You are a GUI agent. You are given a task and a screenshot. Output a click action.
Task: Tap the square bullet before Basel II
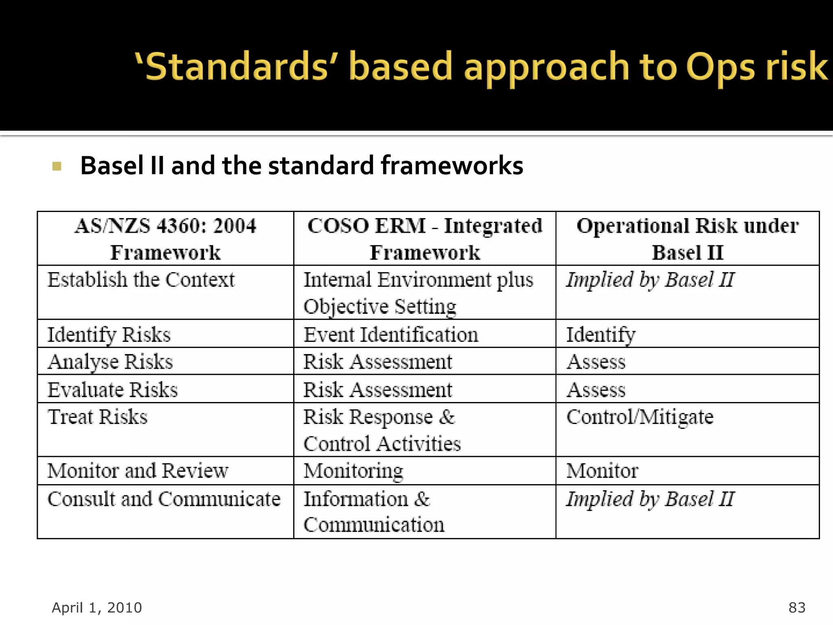pos(57,166)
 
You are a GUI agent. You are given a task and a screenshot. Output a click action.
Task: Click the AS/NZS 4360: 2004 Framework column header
pos(166,239)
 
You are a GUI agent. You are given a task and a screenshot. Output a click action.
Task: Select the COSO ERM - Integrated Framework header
pos(425,239)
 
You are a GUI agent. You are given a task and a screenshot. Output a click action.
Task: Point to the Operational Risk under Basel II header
pos(687,239)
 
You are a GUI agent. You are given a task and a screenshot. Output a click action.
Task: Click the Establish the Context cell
pos(141,280)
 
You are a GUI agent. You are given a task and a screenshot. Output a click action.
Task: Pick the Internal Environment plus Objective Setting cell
pos(418,293)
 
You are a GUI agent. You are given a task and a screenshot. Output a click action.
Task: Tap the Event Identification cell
pos(391,334)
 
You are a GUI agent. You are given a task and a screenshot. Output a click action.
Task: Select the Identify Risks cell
pos(109,334)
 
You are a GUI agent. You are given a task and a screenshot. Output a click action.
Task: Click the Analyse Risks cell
pos(110,362)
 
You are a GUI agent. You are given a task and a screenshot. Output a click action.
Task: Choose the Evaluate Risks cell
pos(113,389)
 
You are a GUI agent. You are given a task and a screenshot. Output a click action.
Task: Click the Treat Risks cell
pos(98,417)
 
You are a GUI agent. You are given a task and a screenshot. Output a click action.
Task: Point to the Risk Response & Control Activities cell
pos(382,430)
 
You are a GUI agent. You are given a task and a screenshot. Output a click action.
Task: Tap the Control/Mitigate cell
pos(640,417)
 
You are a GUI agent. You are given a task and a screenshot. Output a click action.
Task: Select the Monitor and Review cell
pos(138,471)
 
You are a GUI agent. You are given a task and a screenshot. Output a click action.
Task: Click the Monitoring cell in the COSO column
pos(353,471)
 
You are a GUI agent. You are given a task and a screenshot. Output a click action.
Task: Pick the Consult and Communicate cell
pos(164,499)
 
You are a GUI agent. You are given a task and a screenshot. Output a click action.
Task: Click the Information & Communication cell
pos(374,511)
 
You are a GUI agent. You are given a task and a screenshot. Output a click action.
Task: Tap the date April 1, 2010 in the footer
pos(97,608)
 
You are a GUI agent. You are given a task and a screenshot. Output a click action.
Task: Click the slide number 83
pos(797,608)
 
